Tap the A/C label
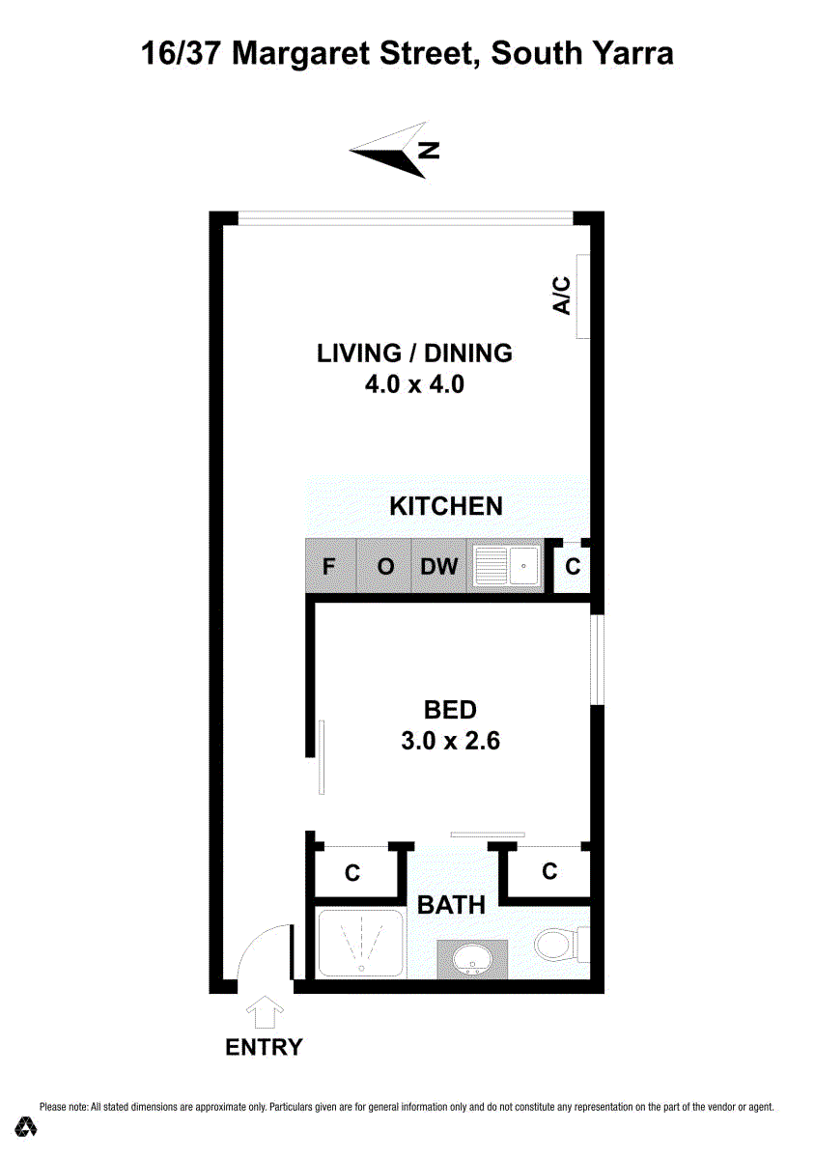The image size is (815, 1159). pos(562,295)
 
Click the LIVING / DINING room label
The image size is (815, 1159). pos(414,353)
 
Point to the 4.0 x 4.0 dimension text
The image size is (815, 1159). pos(414,385)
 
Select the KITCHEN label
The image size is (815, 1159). pos(446,506)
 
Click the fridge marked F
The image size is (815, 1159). pos(330,566)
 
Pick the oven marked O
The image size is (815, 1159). pos(384,566)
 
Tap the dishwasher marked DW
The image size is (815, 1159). pos(438,566)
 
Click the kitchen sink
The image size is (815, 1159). pos(506,566)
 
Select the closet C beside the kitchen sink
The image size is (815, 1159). pos(572,568)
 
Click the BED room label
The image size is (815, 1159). pos(450,710)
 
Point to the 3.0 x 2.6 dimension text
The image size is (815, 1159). pos(450,741)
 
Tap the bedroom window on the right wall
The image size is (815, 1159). pos(597,659)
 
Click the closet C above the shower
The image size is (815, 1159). pos(352,873)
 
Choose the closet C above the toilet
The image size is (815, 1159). pos(549,871)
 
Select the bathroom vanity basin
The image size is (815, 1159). pos(472,959)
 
